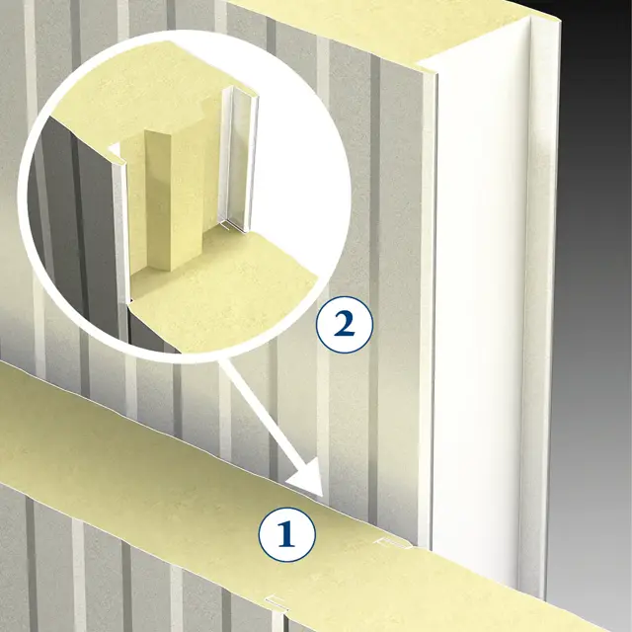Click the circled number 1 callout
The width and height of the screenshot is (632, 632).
[287, 534]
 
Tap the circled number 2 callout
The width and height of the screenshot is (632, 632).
[345, 325]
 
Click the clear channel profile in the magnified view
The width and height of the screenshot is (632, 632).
[239, 159]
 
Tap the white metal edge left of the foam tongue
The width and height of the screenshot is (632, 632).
[119, 226]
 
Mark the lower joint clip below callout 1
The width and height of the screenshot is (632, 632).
[276, 602]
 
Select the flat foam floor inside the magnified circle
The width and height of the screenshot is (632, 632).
[226, 294]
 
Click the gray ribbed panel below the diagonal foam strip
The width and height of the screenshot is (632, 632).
[120, 573]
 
